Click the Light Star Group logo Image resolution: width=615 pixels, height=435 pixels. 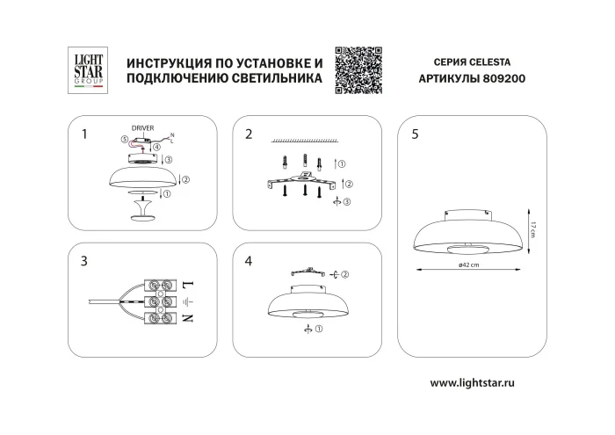(x=87, y=70)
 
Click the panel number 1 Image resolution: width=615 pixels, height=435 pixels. (x=83, y=134)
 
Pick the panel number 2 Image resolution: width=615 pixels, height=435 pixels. (x=249, y=134)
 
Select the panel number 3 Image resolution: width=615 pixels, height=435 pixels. (x=83, y=261)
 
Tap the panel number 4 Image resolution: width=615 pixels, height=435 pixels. (x=249, y=261)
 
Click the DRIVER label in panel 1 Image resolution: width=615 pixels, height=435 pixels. (x=142, y=128)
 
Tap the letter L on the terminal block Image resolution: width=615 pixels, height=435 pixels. (x=187, y=284)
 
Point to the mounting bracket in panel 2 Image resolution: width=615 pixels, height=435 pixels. (x=303, y=183)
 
